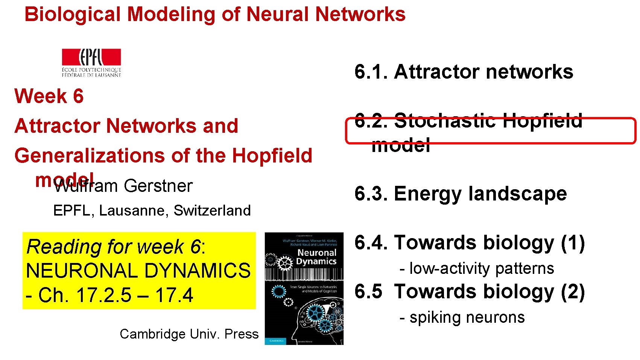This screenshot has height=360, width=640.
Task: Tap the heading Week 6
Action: click(49, 96)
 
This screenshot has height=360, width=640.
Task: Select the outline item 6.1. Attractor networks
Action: click(464, 71)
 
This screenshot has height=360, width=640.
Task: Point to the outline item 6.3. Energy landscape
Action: click(461, 194)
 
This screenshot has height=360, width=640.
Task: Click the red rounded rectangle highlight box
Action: click(490, 131)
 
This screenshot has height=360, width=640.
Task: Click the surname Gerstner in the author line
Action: click(158, 186)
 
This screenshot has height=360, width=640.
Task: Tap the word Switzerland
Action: click(212, 210)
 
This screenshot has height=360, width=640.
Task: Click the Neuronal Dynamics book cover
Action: click(304, 288)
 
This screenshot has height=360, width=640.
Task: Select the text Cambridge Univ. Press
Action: click(189, 334)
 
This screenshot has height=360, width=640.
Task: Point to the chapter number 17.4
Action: click(174, 295)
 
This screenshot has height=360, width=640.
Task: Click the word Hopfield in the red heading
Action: click(272, 155)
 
